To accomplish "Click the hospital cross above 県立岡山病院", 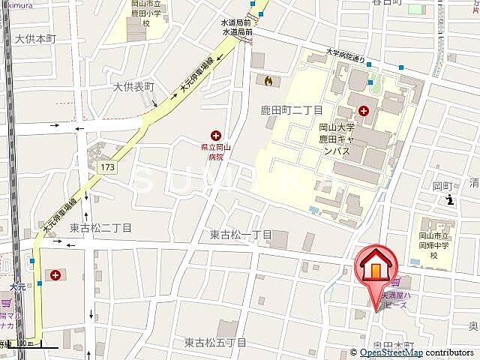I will pyautogui.click(x=216, y=135).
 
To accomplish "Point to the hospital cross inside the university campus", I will pyautogui.click(x=364, y=111).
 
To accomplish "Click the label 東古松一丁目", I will pyautogui.click(x=241, y=235).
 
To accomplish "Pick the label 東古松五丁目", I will pyautogui.click(x=215, y=343).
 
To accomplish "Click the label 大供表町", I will pyautogui.click(x=133, y=87).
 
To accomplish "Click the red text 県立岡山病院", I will pyautogui.click(x=216, y=152).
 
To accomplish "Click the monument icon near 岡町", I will pyautogui.click(x=449, y=199).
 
